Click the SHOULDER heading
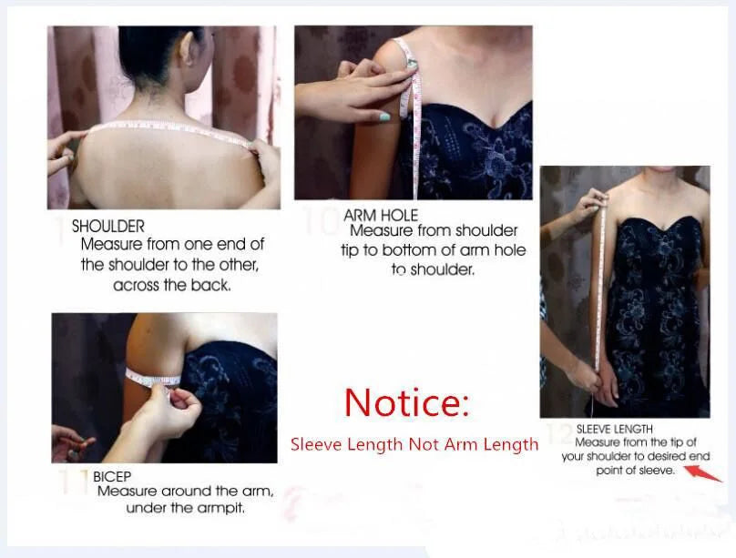pyautogui.click(x=107, y=226)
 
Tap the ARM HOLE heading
pyautogui.click(x=381, y=215)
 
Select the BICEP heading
pyautogui.click(x=112, y=475)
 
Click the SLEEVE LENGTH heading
pyautogui.click(x=614, y=429)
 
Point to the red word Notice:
pyautogui.click(x=406, y=402)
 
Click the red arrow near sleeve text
pyautogui.click(x=703, y=472)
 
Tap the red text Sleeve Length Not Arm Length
pyautogui.click(x=414, y=444)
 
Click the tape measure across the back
pyautogui.click(x=164, y=126)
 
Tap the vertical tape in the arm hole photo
pyautogui.click(x=416, y=127)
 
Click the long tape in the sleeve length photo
pyautogui.click(x=599, y=282)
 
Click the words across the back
pyautogui.click(x=172, y=285)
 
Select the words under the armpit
pyautogui.click(x=184, y=508)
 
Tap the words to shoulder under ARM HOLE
pyautogui.click(x=433, y=269)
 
